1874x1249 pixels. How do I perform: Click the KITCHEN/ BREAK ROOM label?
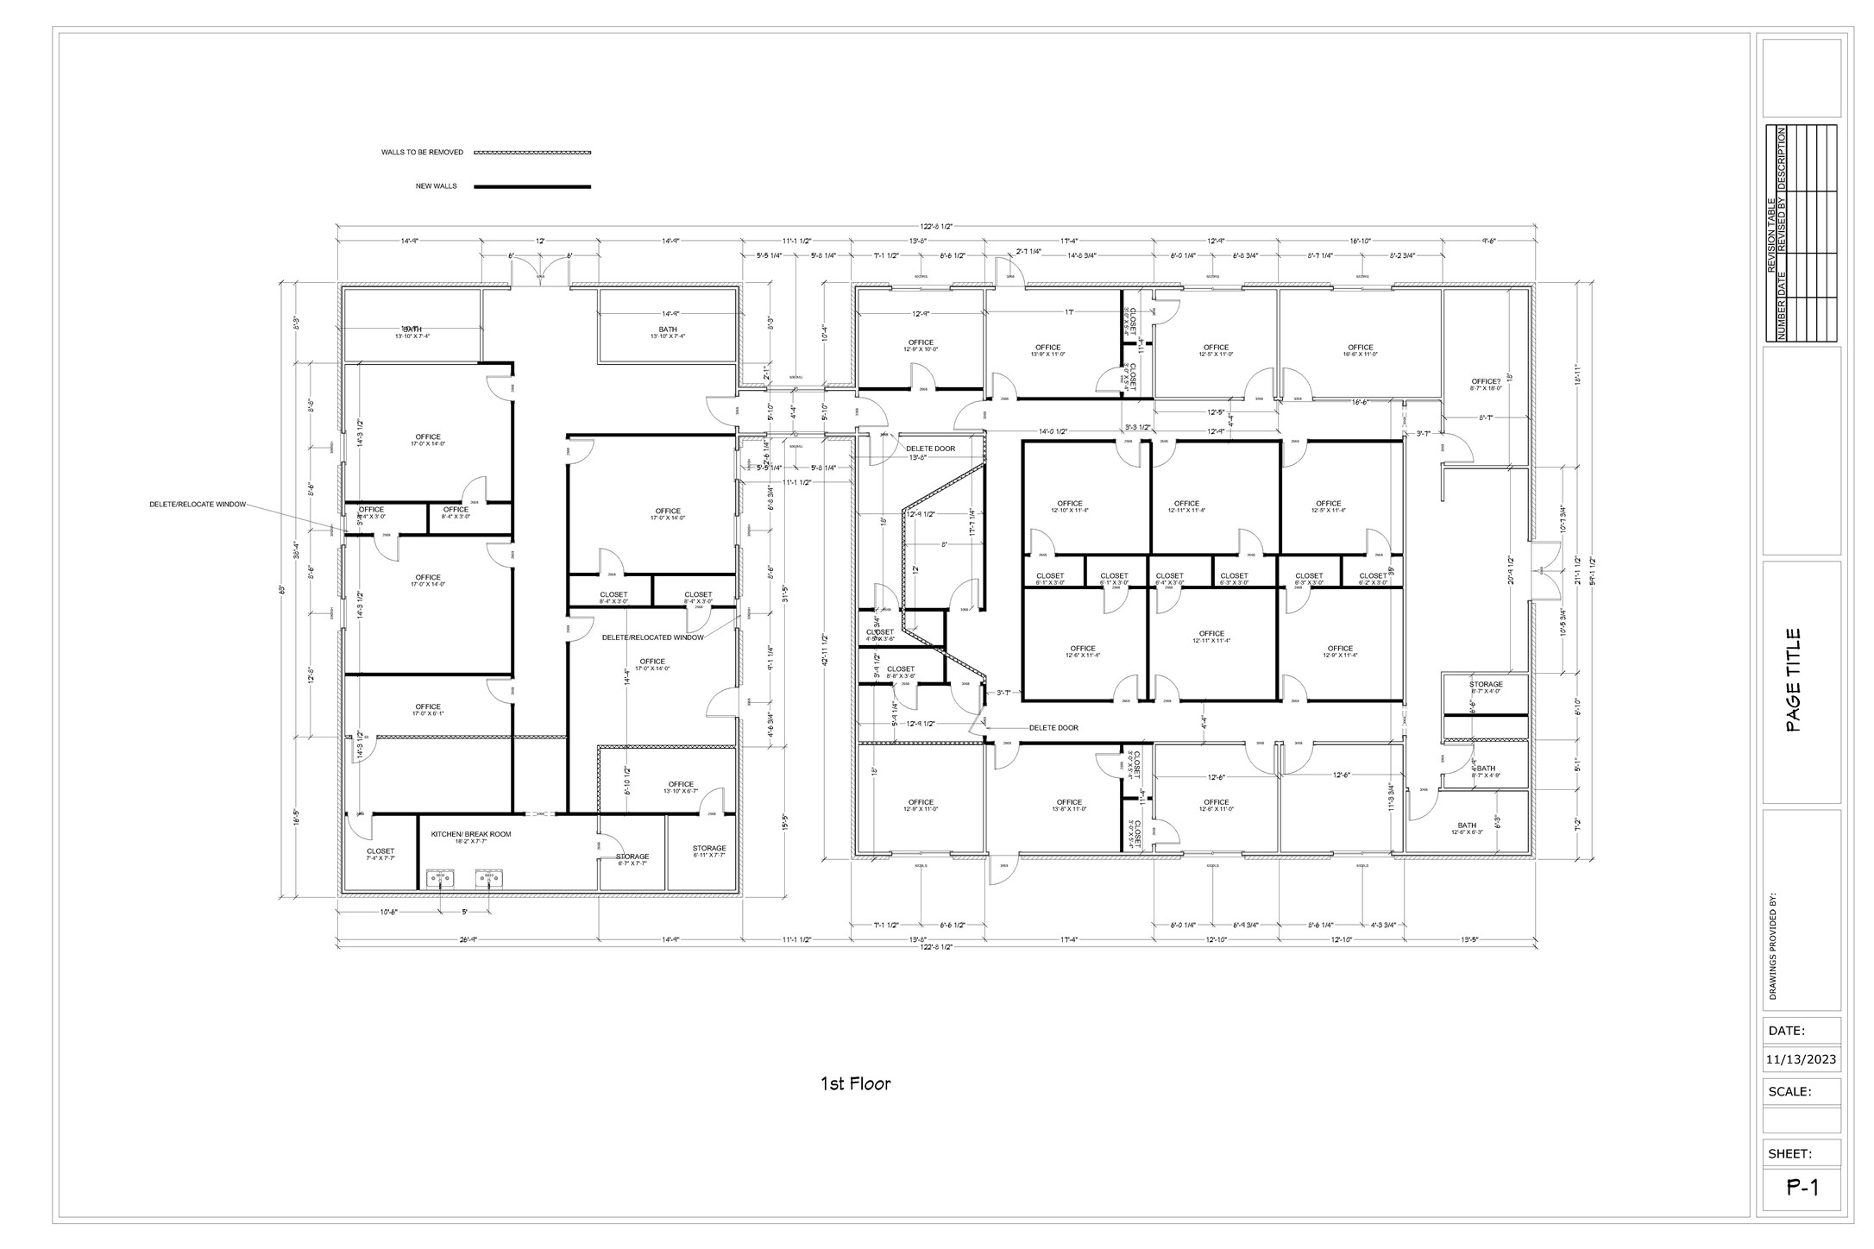pyautogui.click(x=471, y=834)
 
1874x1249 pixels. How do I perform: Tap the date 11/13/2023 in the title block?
pyautogui.click(x=1801, y=1059)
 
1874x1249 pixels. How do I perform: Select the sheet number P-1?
pyautogui.click(x=1802, y=1188)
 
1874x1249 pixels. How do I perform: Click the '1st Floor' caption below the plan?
pyautogui.click(x=855, y=1083)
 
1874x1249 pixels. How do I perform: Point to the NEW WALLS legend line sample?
pyautogui.click(x=532, y=186)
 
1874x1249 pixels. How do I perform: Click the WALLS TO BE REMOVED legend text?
pyautogui.click(x=422, y=153)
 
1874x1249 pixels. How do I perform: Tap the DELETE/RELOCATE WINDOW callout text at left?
pyautogui.click(x=198, y=504)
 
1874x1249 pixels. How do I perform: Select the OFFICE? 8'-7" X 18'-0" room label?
pyautogui.click(x=1486, y=385)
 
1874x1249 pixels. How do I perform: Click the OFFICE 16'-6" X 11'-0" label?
pyautogui.click(x=1360, y=350)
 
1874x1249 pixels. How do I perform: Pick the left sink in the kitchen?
pyautogui.click(x=441, y=877)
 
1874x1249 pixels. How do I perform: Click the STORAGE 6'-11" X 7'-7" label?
pyautogui.click(x=709, y=851)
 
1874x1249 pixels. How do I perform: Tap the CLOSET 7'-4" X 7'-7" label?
pyautogui.click(x=380, y=854)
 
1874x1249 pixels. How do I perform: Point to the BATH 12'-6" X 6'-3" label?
pyautogui.click(x=1467, y=828)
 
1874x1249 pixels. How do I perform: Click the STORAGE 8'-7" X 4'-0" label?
pyautogui.click(x=1486, y=687)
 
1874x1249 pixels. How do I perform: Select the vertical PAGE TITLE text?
pyautogui.click(x=1793, y=681)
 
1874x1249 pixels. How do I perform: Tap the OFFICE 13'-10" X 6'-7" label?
pyautogui.click(x=681, y=788)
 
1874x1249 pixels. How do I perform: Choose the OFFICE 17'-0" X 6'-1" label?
pyautogui.click(x=428, y=710)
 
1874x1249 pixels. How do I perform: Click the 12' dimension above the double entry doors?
pyautogui.click(x=540, y=242)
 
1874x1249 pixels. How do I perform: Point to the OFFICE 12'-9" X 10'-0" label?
pyautogui.click(x=921, y=346)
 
